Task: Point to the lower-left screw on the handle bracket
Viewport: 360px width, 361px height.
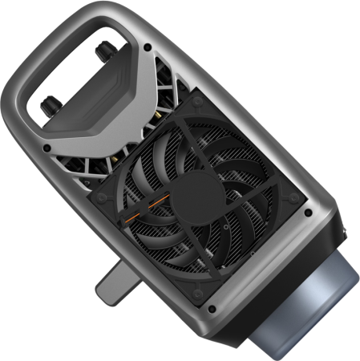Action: pyautogui.click(x=49, y=148)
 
